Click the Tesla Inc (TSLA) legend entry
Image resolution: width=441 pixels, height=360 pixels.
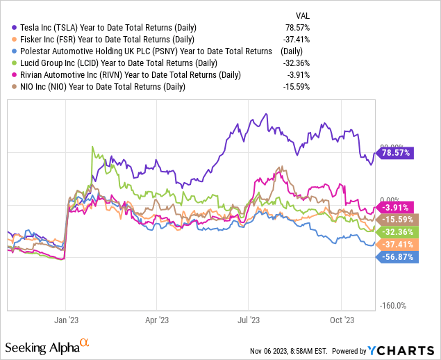pyautogui.click(x=104, y=27)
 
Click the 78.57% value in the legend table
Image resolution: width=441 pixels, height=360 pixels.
pyautogui.click(x=297, y=27)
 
